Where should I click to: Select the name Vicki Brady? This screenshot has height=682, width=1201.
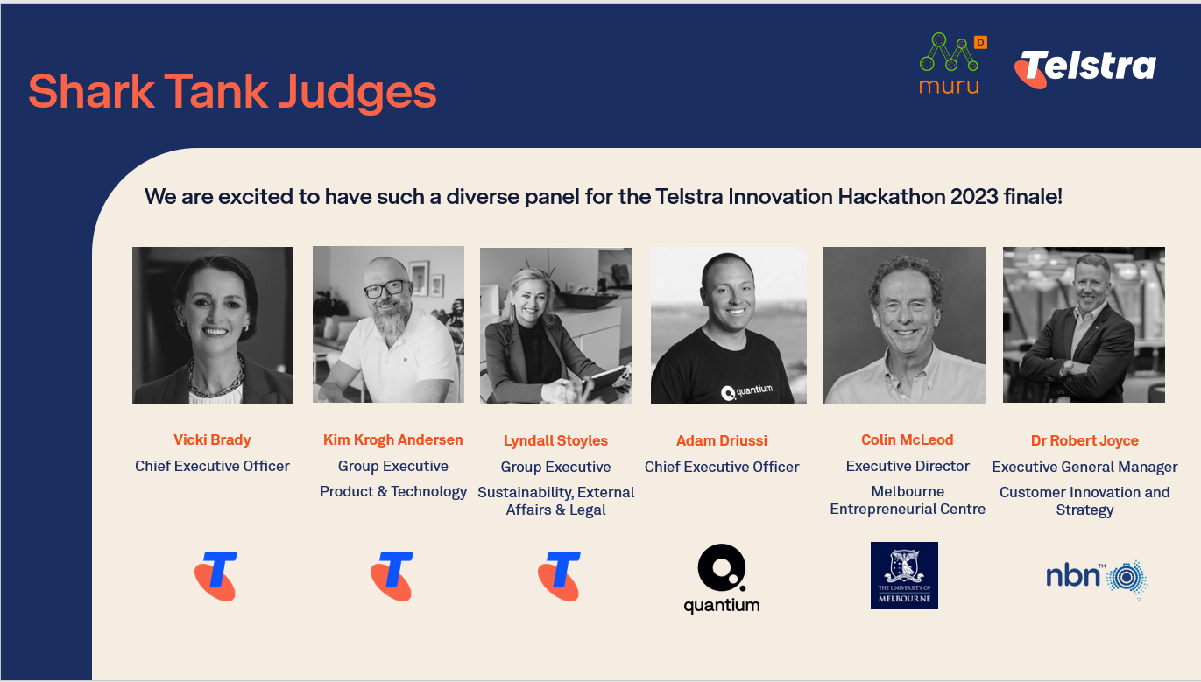pyautogui.click(x=212, y=439)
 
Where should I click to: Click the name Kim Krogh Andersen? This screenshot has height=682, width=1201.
pyautogui.click(x=393, y=439)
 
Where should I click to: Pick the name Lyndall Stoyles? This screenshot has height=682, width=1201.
pyautogui.click(x=555, y=441)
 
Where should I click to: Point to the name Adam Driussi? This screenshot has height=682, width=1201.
pyautogui.click(x=722, y=440)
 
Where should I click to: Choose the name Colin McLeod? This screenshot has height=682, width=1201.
pyautogui.click(x=908, y=439)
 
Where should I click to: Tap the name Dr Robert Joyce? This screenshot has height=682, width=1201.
pyautogui.click(x=1084, y=441)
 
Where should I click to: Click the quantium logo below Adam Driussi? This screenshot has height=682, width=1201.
pyautogui.click(x=722, y=579)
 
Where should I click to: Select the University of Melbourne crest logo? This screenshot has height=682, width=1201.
pyautogui.click(x=904, y=575)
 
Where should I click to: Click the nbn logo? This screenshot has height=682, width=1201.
pyautogui.click(x=1097, y=578)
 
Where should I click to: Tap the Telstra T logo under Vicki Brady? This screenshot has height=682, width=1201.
pyautogui.click(x=215, y=576)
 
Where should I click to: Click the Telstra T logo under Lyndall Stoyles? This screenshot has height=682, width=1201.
pyautogui.click(x=559, y=576)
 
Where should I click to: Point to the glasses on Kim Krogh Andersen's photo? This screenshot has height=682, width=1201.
pyautogui.click(x=385, y=289)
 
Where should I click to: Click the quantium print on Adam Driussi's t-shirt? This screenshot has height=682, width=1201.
pyautogui.click(x=747, y=391)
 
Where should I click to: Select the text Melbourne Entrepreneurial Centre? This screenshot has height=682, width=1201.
pyautogui.click(x=908, y=500)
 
